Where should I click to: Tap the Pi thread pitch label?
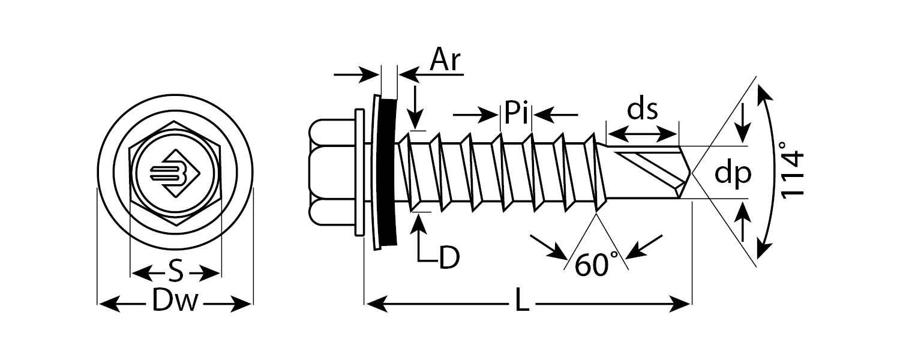point(517,112)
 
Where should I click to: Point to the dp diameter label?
point(733,173)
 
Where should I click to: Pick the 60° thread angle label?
point(592,265)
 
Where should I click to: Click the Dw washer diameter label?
point(174,303)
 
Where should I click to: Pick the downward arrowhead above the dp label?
point(743,135)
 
